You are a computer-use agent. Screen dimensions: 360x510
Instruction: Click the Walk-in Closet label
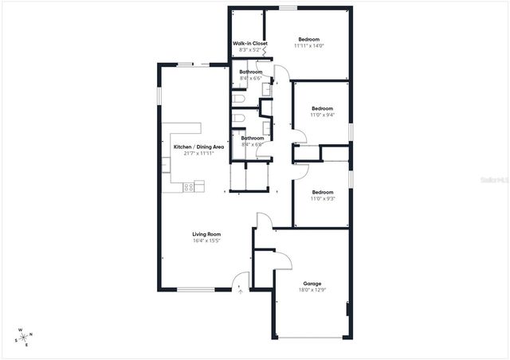click(249, 43)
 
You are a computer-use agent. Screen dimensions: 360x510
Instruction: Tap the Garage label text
click(312, 283)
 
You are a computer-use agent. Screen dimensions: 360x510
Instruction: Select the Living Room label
click(206, 233)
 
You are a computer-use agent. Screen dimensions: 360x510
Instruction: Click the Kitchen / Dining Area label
click(198, 147)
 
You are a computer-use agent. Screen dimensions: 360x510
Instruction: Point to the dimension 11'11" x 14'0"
click(308, 45)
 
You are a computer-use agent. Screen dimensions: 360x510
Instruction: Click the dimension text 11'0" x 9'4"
click(321, 115)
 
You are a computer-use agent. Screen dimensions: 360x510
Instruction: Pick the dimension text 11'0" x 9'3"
click(321, 198)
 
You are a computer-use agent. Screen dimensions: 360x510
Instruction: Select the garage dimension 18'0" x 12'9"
click(312, 290)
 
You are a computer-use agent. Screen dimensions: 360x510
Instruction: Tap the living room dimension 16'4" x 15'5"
click(206, 240)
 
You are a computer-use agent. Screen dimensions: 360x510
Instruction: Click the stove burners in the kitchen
click(189, 187)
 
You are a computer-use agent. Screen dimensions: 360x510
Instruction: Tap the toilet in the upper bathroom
click(238, 99)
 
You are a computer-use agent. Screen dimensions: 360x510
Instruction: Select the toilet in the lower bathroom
click(238, 119)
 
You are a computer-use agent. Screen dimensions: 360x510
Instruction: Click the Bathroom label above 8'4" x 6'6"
click(250, 72)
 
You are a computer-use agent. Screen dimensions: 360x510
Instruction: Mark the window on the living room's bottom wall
click(195, 289)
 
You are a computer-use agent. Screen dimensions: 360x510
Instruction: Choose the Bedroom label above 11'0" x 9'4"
click(322, 108)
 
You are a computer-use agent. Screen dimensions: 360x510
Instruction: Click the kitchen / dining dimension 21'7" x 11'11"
click(198, 153)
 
